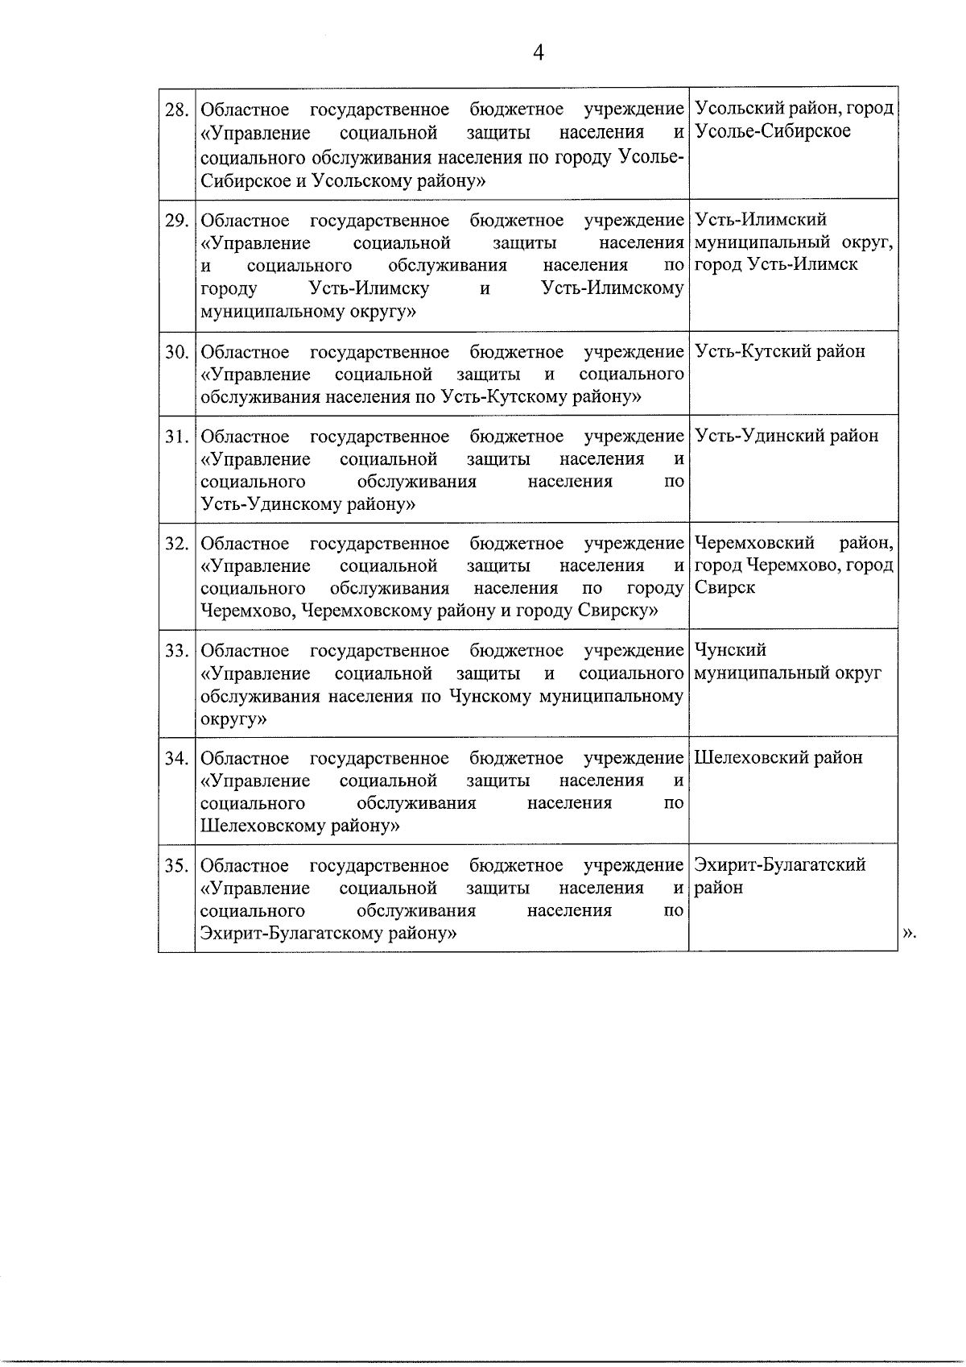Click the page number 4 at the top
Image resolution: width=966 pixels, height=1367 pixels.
539,53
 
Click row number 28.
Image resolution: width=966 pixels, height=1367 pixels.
176,109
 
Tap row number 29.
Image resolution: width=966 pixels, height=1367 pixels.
176,220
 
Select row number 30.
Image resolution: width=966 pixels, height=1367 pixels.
176,352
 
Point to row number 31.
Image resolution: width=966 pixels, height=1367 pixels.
176,437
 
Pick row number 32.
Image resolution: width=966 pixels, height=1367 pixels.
176,544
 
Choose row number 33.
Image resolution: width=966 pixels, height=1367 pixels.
176,651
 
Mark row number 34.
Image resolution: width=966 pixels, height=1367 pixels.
176,758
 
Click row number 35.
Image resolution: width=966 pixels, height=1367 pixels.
176,866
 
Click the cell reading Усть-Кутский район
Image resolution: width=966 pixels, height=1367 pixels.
779,352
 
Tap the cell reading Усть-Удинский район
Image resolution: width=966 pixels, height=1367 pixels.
786,437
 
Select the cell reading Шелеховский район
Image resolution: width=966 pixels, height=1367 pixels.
778,758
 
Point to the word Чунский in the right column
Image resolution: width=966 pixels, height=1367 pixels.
729,650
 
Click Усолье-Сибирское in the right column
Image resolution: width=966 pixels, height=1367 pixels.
772,131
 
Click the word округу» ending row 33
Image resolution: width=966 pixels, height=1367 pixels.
233,719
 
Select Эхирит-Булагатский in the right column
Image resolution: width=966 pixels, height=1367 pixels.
779,865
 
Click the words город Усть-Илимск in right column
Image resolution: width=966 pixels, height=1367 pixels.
776,265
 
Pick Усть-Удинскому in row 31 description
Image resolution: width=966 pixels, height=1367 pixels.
265,505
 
